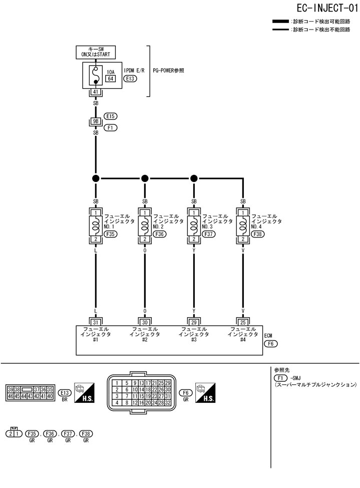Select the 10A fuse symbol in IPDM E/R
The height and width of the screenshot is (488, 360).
(96, 76)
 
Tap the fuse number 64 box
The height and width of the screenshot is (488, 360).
(110, 79)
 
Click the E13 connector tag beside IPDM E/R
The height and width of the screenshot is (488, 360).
(130, 79)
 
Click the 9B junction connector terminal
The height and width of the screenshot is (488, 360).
(96, 122)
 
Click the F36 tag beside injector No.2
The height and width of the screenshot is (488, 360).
(160, 234)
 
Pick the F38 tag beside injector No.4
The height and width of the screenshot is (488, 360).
(258, 234)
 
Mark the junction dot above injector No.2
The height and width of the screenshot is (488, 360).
(145, 178)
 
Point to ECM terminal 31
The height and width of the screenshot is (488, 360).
(96, 322)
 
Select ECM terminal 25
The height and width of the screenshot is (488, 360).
(243, 322)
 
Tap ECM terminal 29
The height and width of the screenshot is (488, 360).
(194, 322)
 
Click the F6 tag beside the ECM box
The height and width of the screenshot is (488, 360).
(270, 344)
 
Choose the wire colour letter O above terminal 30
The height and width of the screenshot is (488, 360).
(145, 311)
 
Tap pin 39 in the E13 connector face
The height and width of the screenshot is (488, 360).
(10, 389)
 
